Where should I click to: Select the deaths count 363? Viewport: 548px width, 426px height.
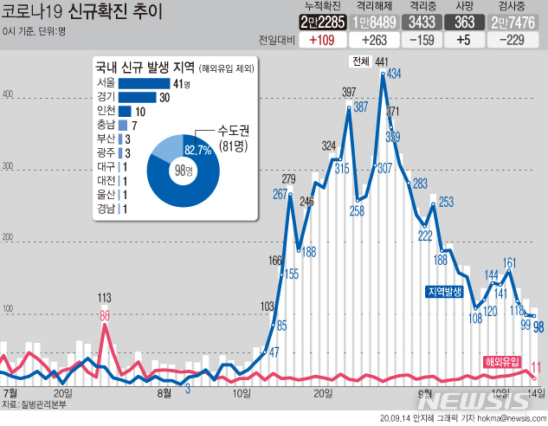[x=465, y=23]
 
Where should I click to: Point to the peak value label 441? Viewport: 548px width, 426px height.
[x=382, y=61]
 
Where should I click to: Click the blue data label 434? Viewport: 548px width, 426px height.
[x=394, y=74]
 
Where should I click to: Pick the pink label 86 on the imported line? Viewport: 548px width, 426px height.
[x=105, y=315]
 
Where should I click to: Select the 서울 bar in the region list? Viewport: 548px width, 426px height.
[x=145, y=84]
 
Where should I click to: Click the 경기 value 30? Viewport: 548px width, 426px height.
[x=164, y=98]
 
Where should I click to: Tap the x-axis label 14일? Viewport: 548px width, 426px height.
[x=536, y=392]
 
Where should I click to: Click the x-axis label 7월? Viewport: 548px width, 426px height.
[x=11, y=392]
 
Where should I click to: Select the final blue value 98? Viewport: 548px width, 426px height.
[x=538, y=327]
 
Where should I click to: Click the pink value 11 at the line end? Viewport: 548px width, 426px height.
[x=537, y=366]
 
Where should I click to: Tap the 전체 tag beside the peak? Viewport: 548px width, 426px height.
[x=360, y=61]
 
